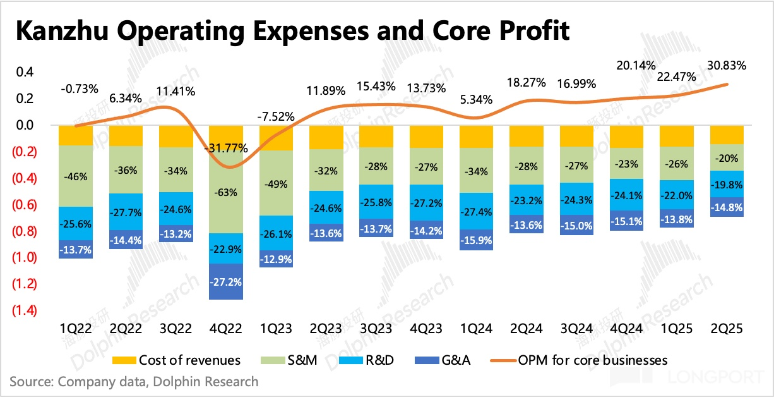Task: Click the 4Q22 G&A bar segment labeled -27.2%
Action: (225, 281)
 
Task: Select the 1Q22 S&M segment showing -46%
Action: (75, 176)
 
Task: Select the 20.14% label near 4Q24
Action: (634, 66)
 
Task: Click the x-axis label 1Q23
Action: (276, 329)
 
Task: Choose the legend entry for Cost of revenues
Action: (177, 360)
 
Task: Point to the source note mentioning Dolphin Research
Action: (134, 381)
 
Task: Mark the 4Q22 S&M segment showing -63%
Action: (225, 192)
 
